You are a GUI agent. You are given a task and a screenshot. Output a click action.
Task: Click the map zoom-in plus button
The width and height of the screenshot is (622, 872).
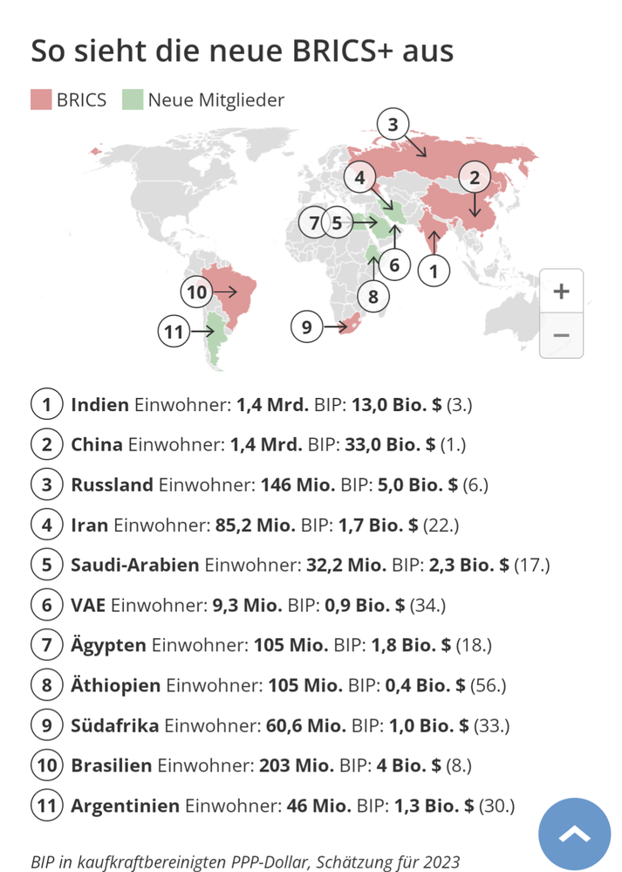point(561,292)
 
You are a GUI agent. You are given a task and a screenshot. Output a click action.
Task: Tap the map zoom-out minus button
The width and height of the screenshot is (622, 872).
point(561,335)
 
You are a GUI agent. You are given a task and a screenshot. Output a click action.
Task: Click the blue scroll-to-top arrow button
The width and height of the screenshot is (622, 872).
point(574,834)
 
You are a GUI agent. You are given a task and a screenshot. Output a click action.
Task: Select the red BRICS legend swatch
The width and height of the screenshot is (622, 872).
point(41,100)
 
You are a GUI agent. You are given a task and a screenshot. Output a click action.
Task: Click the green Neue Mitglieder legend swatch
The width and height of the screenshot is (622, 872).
point(132,100)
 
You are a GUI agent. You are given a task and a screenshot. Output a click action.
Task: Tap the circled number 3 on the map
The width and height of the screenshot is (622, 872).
point(393,125)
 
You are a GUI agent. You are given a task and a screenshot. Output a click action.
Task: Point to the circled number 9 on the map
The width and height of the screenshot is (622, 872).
point(306,327)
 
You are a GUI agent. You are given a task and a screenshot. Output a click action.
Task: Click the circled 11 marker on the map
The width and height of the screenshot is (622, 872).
point(174,332)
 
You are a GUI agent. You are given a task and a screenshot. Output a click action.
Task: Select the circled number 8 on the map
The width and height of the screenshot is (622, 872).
point(373,297)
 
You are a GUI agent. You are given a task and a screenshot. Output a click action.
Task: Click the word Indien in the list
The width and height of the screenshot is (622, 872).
point(100,405)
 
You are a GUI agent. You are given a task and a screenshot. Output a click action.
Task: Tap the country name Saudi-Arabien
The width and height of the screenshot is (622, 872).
point(135,565)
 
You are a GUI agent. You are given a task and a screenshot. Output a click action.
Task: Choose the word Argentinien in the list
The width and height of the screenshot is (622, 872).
point(126,806)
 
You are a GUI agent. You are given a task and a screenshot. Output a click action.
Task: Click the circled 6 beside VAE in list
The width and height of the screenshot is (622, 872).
point(47,605)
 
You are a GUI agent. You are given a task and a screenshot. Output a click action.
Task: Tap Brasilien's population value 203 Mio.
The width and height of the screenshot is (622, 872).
point(297,766)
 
